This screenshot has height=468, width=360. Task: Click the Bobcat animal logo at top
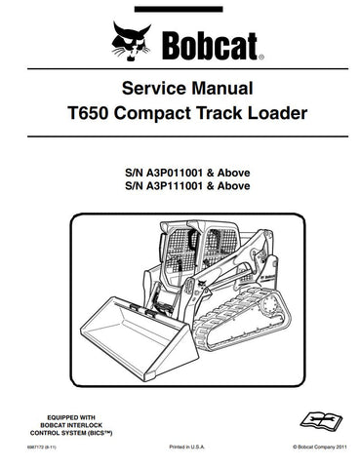pyautogui.click(x=131, y=41)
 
